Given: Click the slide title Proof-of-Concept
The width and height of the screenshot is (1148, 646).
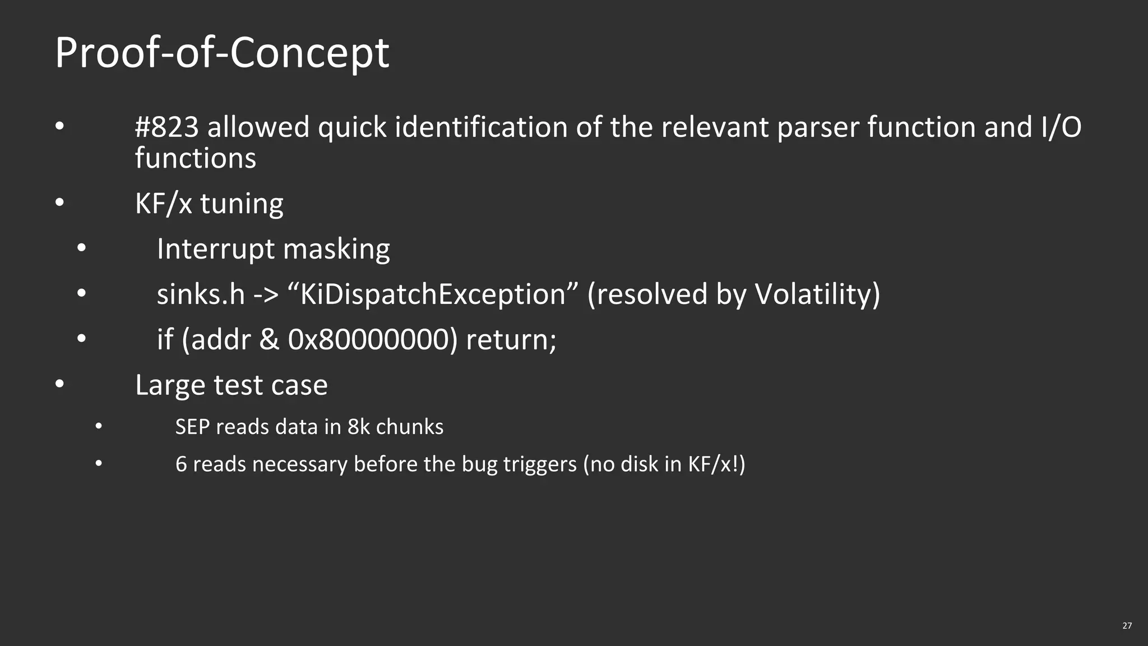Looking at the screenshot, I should [222, 53].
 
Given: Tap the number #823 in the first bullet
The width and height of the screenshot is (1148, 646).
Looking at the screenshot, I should [167, 127].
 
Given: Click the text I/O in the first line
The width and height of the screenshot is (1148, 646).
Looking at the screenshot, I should [1061, 127].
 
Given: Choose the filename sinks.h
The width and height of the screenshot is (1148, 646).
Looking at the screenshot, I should [201, 294].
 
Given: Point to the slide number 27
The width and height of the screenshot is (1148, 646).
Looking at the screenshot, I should [1127, 626].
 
